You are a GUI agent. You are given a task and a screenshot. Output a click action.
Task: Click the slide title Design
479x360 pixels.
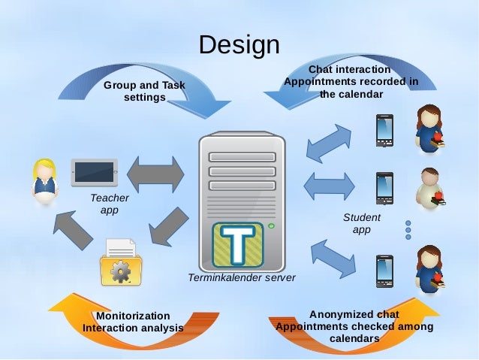[x=239, y=45]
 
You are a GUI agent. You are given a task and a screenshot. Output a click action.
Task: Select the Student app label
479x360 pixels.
[x=361, y=223]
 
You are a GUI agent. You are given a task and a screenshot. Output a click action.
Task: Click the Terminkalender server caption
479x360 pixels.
[x=242, y=278]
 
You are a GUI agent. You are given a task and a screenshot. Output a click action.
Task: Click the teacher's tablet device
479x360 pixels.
[x=94, y=173]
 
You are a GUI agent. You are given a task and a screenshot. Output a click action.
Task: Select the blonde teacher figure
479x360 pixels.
[x=44, y=181]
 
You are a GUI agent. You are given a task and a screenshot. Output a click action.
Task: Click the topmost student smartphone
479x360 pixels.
[x=384, y=130]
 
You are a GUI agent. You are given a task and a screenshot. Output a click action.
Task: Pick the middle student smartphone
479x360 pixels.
[x=384, y=188]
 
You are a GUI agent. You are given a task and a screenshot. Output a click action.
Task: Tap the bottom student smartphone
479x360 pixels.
[x=384, y=271]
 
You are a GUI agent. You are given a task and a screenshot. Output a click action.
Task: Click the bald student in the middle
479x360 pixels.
[x=431, y=188]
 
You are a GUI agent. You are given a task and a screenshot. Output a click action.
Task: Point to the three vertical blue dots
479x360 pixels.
[x=408, y=229]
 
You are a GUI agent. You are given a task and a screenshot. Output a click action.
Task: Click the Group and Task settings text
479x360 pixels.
[x=144, y=92]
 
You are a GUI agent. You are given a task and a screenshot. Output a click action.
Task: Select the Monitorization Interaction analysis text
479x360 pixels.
[x=133, y=322]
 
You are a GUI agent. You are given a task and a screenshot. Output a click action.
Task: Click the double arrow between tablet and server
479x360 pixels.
[x=155, y=174]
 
